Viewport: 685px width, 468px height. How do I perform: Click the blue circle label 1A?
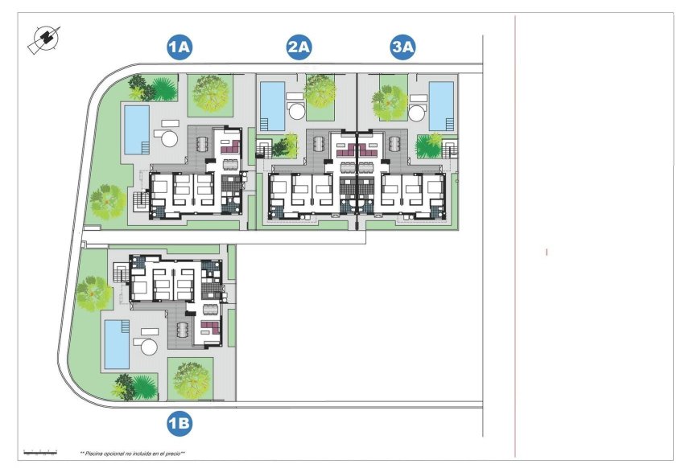[x=179, y=48]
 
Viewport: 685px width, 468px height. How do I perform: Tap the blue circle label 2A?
[x=299, y=48]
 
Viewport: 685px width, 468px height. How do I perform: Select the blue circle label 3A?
[x=402, y=48]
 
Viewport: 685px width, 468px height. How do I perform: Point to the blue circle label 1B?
[x=179, y=421]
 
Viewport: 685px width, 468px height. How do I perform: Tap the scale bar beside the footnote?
[x=40, y=453]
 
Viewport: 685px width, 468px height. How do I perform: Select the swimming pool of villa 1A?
[x=135, y=129]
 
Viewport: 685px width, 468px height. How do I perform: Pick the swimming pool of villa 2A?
[x=272, y=105]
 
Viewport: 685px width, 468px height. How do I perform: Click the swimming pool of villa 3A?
[x=441, y=105]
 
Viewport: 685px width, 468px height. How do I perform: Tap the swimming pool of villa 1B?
[x=117, y=343]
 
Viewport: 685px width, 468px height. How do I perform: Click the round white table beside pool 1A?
[x=170, y=138]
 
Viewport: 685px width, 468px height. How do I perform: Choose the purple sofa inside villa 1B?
[x=210, y=326]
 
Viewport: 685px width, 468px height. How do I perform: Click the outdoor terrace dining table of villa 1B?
[x=182, y=329]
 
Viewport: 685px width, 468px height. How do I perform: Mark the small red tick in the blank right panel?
[x=547, y=252]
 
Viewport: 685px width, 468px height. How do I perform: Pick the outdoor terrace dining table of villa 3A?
[x=395, y=146]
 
